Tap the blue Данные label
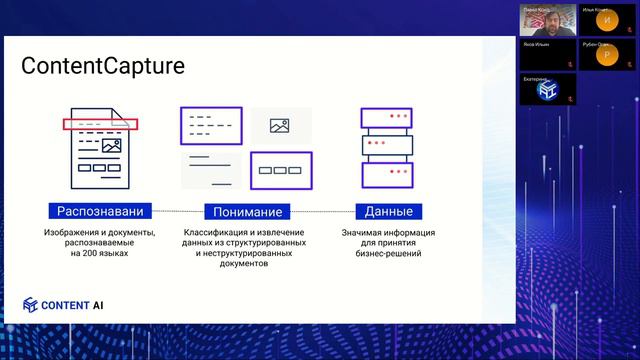[x=388, y=211]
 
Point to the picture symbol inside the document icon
[x=111, y=145]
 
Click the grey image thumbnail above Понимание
[x=280, y=125]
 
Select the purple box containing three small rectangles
[x=281, y=170]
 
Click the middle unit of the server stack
[x=388, y=145]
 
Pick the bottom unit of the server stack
[x=388, y=173]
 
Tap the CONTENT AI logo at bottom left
[x=65, y=306]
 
